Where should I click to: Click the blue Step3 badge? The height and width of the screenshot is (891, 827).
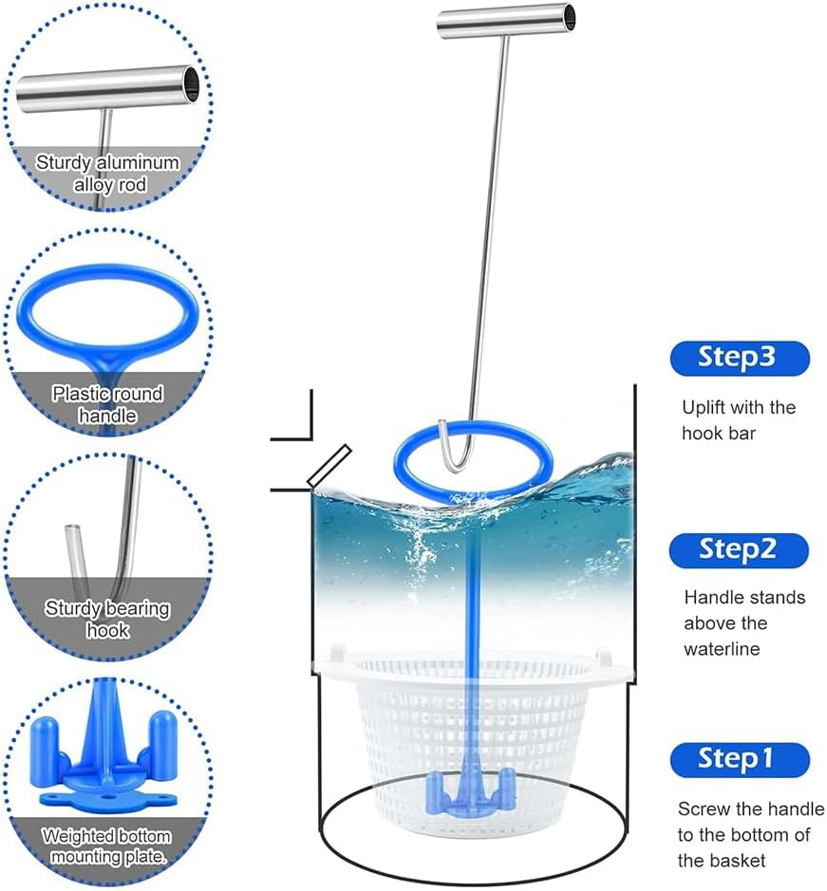[739, 358]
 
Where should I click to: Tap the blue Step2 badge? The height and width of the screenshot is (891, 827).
[739, 549]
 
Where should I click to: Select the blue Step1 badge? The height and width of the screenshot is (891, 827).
[739, 759]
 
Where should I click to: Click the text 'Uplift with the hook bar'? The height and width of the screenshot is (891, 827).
[739, 420]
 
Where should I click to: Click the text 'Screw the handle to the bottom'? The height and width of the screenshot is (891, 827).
[751, 835]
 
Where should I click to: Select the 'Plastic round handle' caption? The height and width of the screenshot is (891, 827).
[107, 404]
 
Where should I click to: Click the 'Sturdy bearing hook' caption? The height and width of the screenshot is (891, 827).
[107, 619]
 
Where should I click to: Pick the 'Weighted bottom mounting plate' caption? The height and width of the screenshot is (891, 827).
[107, 847]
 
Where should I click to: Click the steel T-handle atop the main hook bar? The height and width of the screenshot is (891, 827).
[506, 22]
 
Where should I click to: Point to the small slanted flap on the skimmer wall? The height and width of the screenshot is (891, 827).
[329, 466]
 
